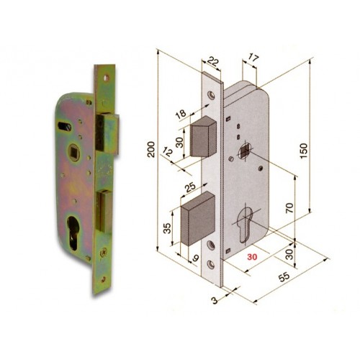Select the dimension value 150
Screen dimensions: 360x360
tap(305, 148)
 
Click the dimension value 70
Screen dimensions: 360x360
tap(290, 208)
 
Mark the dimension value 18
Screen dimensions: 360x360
tap(180, 113)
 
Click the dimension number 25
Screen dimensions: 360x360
tap(191, 189)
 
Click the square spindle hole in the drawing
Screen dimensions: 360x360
tap(245, 151)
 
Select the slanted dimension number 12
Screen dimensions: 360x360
tap(168, 151)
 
